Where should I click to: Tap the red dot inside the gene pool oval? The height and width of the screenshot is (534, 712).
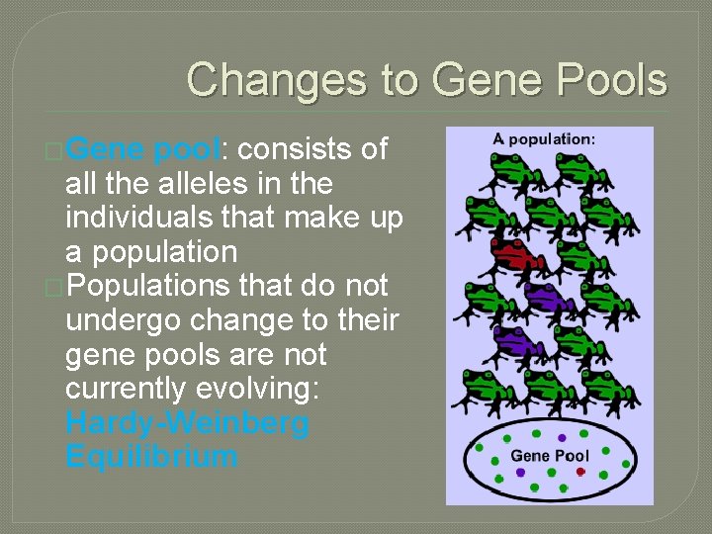(580, 473)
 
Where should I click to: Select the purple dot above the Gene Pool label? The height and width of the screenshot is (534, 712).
(562, 437)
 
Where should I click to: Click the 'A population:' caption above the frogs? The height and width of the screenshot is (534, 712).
(544, 139)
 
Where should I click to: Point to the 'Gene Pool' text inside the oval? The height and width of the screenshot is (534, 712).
(549, 456)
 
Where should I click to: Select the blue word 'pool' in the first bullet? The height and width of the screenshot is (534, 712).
(185, 150)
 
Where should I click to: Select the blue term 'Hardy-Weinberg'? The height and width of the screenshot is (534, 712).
(187, 423)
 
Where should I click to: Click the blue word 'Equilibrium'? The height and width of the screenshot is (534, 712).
(151, 457)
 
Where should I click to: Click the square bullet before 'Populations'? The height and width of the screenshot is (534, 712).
(54, 287)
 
